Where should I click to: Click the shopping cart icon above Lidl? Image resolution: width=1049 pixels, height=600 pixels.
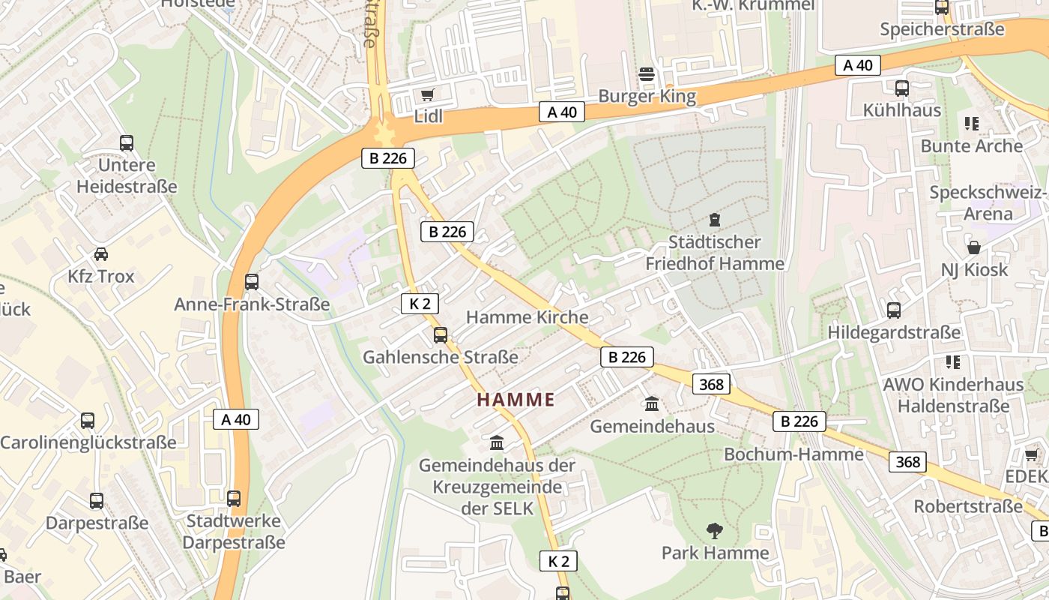[427, 94]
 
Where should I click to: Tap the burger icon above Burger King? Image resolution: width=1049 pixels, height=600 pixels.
[647, 74]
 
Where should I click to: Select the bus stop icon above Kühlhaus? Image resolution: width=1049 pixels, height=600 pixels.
[902, 88]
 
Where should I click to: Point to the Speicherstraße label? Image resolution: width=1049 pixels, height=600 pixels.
[942, 29]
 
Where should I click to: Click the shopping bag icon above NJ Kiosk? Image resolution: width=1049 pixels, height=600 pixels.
[974, 247]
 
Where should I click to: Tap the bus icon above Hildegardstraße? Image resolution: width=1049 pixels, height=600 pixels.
[894, 310]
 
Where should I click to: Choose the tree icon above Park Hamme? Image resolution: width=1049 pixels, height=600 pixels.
[715, 531]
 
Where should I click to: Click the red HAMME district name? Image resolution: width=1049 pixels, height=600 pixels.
[516, 400]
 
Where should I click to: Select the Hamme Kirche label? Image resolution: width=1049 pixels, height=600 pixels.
[527, 317]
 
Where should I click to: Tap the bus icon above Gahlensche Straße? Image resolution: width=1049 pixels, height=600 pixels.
[441, 335]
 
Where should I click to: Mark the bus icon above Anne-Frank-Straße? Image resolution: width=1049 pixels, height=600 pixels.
[252, 283]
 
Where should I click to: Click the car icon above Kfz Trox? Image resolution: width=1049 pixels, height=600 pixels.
[101, 254]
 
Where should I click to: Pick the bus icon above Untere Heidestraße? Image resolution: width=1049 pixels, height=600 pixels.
[127, 143]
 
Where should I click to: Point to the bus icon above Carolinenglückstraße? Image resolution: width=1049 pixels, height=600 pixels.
[88, 421]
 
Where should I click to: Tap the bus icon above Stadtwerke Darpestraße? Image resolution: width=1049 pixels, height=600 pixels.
[234, 499]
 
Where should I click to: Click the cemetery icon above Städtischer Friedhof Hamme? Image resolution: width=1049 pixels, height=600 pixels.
[715, 220]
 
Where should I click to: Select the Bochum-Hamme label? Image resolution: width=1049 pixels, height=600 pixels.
[793, 454]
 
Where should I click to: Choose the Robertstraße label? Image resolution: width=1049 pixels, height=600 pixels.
[967, 506]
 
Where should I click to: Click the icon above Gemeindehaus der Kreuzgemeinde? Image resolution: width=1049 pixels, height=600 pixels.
[497, 443]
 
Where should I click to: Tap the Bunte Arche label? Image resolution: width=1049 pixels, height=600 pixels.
[971, 145]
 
